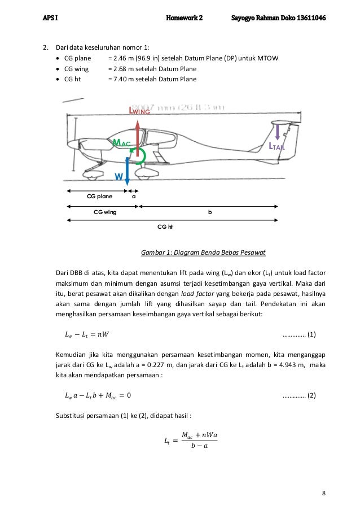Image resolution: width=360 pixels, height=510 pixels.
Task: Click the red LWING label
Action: tap(141, 111)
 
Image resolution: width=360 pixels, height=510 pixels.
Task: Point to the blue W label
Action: tap(118, 177)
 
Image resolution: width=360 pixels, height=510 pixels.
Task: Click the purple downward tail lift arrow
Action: tap(277, 132)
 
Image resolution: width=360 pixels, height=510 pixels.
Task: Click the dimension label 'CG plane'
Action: tap(99, 197)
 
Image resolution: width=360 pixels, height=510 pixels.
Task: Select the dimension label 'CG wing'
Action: tap(105, 212)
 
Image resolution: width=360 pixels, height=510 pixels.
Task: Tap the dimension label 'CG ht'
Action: tap(164, 226)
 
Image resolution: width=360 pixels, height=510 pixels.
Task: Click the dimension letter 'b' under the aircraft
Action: tap(210, 212)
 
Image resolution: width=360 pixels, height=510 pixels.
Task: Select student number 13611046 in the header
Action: tap(310, 18)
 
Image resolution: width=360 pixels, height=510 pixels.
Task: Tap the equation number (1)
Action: tap(310, 334)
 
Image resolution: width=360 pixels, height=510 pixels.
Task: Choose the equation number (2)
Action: tap(310, 394)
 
